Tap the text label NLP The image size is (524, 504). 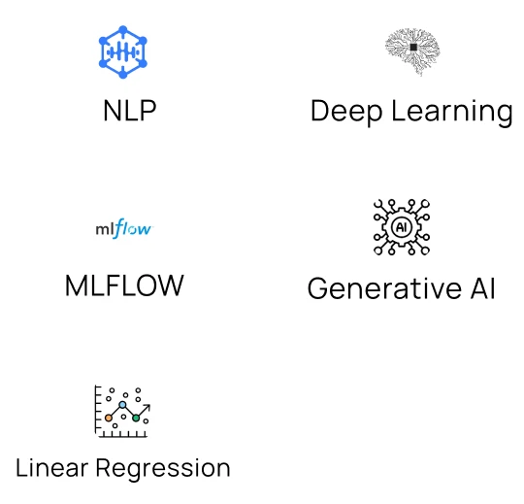tap(129, 111)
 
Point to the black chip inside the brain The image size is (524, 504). tap(413, 47)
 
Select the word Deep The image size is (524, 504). tap(345, 111)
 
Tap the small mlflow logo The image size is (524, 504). tap(123, 230)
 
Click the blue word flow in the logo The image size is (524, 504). tap(134, 230)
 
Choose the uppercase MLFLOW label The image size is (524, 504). tap(124, 286)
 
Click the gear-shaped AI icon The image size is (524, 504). tap(401, 227)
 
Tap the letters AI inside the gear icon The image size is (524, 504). tap(401, 227)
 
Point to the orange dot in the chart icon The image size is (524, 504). tap(109, 418)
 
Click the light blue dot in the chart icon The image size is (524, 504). tap(122, 404)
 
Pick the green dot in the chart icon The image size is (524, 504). tap(137, 418)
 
